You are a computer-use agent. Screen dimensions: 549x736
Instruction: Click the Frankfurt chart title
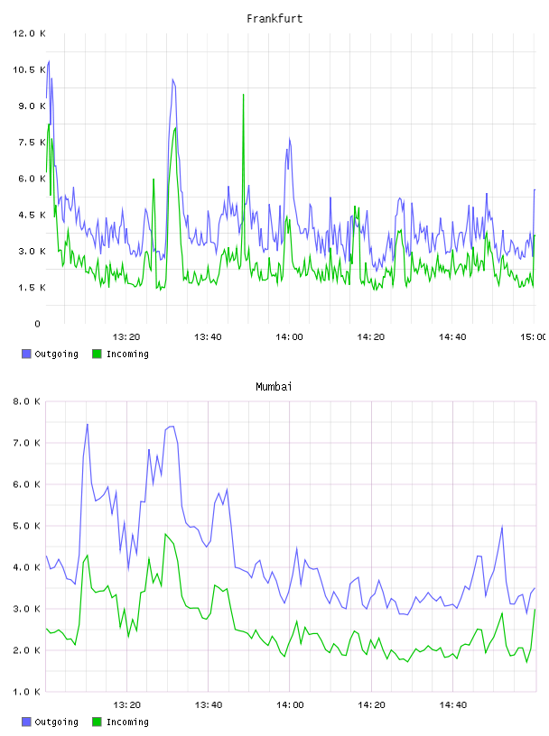(x=274, y=19)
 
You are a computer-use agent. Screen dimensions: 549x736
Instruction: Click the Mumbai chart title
(x=274, y=387)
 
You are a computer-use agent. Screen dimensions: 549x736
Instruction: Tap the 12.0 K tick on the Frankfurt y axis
(x=29, y=33)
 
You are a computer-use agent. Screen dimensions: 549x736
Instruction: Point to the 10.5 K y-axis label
(x=29, y=70)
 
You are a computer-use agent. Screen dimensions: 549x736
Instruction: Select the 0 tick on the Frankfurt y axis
(x=38, y=324)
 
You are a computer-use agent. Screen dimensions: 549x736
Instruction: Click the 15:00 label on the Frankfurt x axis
(x=534, y=337)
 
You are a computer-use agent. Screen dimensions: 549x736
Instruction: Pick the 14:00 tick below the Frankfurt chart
(x=289, y=337)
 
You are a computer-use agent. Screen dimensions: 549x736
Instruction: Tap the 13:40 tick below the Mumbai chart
(x=209, y=705)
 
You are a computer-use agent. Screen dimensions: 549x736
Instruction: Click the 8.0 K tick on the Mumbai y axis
(x=26, y=401)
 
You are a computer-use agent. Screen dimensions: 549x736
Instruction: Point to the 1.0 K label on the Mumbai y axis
(x=26, y=692)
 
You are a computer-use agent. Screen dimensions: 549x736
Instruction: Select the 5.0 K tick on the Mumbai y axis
(x=26, y=526)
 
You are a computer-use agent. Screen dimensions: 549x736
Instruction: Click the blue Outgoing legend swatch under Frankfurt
(x=26, y=354)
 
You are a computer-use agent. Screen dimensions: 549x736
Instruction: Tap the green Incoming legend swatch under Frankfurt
(x=97, y=354)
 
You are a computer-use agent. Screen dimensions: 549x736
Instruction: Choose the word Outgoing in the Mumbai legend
(x=56, y=722)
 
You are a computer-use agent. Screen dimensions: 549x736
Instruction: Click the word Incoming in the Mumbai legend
(x=127, y=722)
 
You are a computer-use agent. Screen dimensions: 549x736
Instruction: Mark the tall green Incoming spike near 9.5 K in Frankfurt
(x=243, y=95)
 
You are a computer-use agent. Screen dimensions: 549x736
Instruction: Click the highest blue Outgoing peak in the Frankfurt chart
(x=49, y=61)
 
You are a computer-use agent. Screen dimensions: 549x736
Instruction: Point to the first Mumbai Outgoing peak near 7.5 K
(x=88, y=424)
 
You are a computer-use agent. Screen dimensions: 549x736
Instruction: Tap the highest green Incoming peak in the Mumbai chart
(x=165, y=534)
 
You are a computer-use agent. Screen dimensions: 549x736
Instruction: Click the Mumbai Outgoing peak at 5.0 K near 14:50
(x=502, y=527)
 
